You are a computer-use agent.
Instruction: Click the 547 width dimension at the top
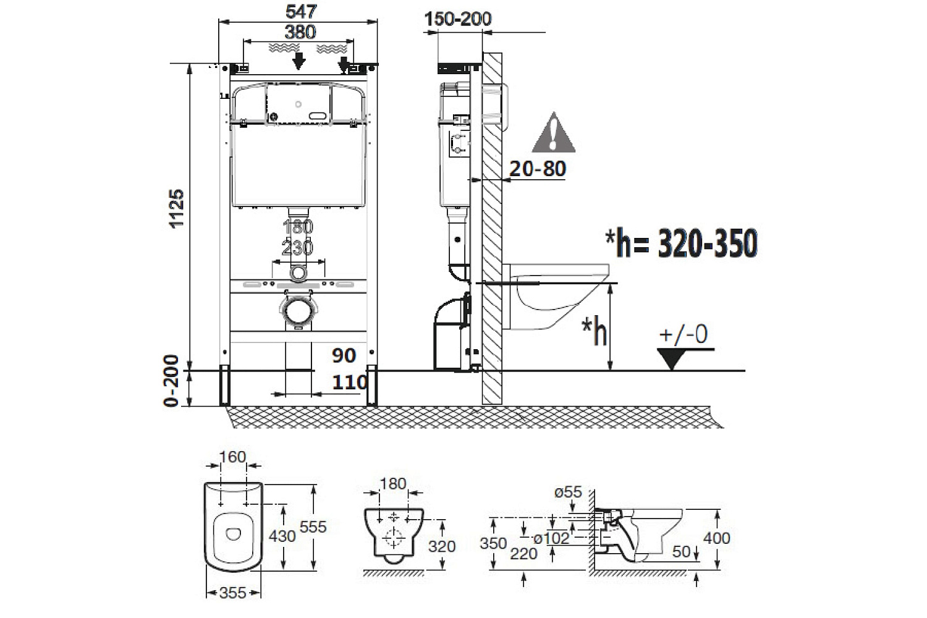[301, 11]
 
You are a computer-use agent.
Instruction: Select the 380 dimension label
[300, 32]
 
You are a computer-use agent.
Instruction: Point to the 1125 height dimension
[177, 209]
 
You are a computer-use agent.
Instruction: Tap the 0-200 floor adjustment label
[172, 381]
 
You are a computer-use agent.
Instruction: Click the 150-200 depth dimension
[458, 19]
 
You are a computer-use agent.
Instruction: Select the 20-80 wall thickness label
[538, 168]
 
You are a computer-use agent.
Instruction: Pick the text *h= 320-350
[681, 244]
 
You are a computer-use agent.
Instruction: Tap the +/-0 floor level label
[684, 334]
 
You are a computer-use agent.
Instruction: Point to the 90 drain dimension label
[344, 355]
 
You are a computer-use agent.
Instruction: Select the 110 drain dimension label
[350, 383]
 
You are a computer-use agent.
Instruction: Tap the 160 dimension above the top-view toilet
[233, 457]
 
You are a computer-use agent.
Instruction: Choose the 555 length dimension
[313, 527]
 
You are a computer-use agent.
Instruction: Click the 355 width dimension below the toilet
[233, 593]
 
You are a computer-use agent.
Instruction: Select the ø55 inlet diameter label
[568, 492]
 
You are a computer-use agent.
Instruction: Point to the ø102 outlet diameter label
[551, 538]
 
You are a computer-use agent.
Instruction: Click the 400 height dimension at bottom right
[717, 538]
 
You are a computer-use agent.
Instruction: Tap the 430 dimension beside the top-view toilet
[282, 535]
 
